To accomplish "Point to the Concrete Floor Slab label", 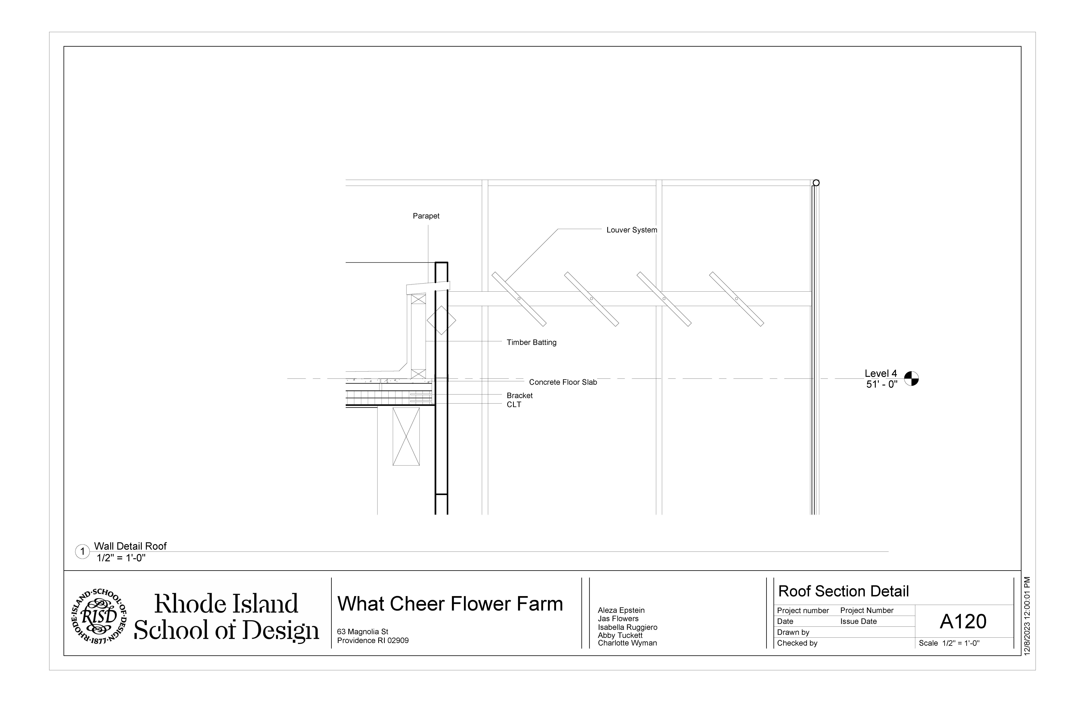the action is pyautogui.click(x=563, y=382).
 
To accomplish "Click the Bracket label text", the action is pyautogui.click(x=519, y=396).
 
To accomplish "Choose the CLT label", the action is pyautogui.click(x=514, y=405).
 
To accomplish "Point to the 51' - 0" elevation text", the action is pyautogui.click(x=882, y=384).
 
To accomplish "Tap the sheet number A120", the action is pyautogui.click(x=963, y=622).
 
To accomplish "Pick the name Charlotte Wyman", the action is pyautogui.click(x=627, y=643).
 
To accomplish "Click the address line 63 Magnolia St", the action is pyautogui.click(x=362, y=632).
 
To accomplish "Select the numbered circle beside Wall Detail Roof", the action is pyautogui.click(x=83, y=552).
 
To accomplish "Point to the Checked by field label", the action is pyautogui.click(x=797, y=643).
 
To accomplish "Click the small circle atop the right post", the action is pyautogui.click(x=816, y=183).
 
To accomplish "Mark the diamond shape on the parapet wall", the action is pyautogui.click(x=441, y=320).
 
